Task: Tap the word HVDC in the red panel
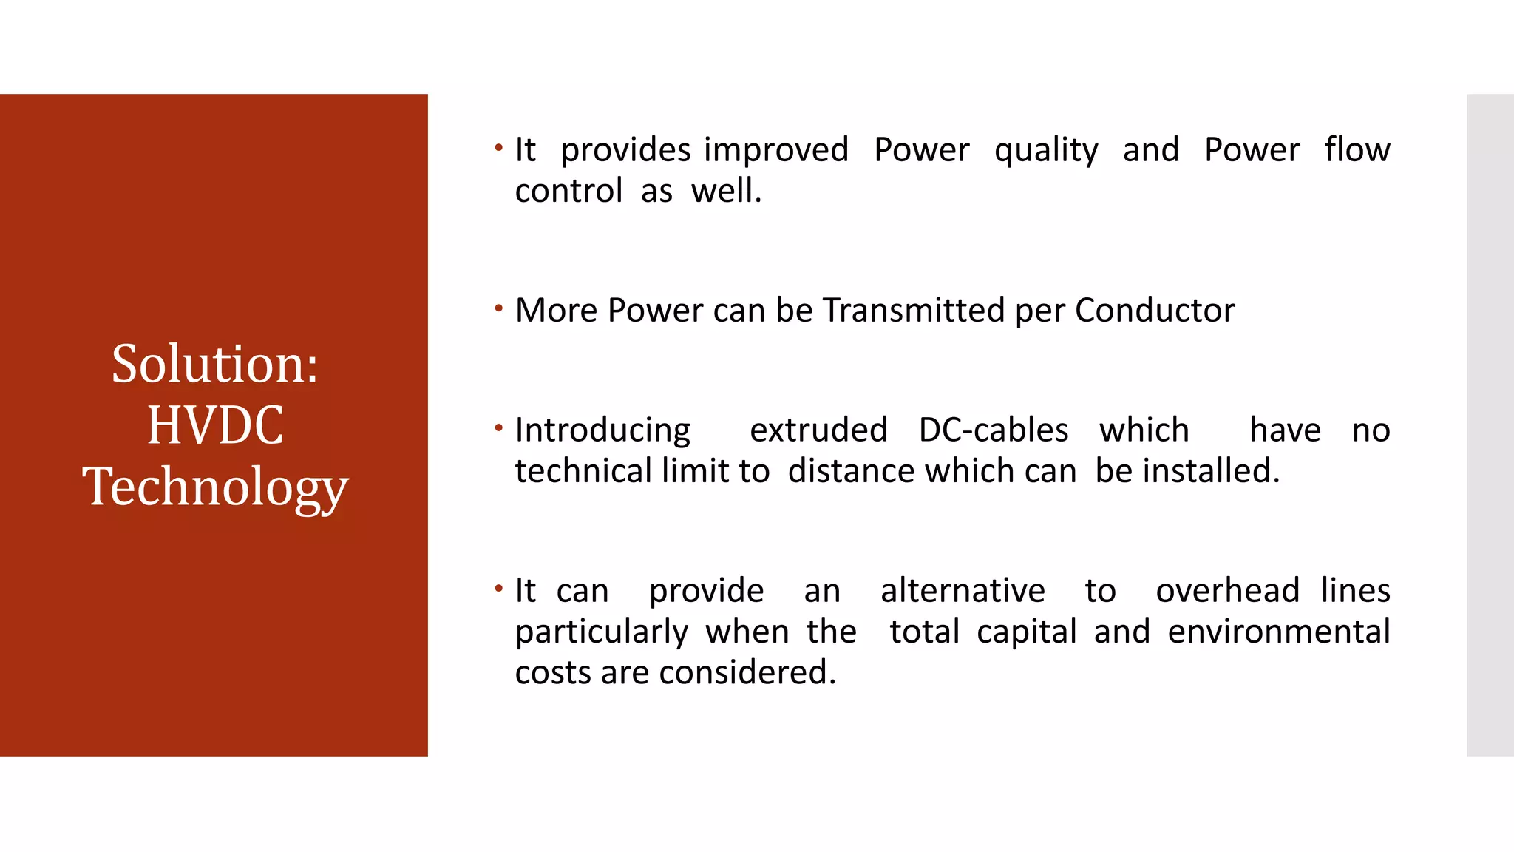(x=214, y=425)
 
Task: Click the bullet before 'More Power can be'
(x=499, y=308)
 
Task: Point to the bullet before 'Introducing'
(x=499, y=427)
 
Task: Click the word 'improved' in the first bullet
(x=775, y=151)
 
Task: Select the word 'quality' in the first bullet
(x=1046, y=151)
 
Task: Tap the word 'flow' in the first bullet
(x=1357, y=149)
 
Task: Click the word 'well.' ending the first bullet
(x=726, y=191)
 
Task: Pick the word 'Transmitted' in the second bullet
(x=914, y=310)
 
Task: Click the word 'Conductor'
(x=1154, y=310)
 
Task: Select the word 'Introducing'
(x=602, y=431)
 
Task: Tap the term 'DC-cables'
(x=993, y=430)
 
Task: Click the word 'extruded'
(x=818, y=430)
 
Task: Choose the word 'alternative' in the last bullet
(x=963, y=591)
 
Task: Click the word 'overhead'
(x=1227, y=591)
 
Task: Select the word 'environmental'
(x=1278, y=632)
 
